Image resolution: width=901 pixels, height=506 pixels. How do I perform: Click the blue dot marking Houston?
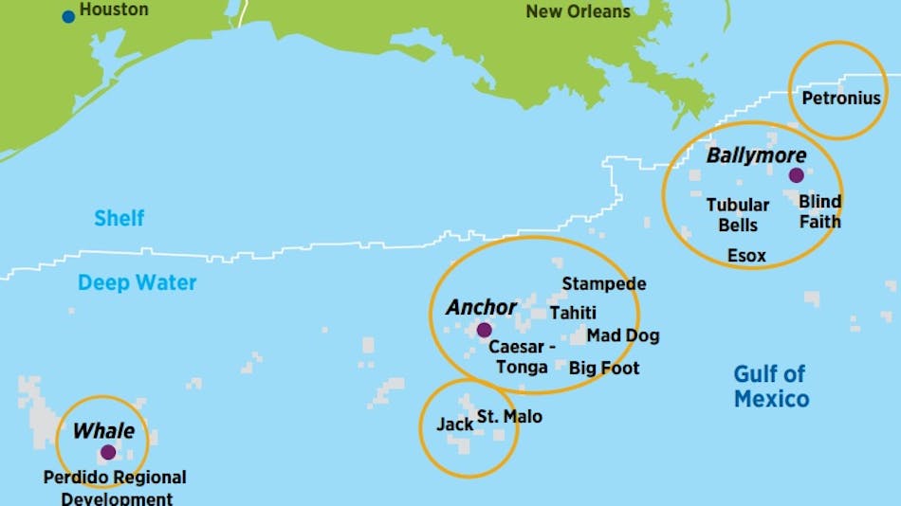(x=68, y=16)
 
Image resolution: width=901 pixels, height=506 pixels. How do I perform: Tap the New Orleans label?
(x=578, y=11)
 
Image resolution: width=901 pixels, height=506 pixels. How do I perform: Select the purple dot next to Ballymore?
(x=796, y=175)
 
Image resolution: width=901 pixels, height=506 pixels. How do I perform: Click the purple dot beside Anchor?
(x=484, y=330)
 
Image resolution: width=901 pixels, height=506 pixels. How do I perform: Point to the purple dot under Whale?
(x=108, y=452)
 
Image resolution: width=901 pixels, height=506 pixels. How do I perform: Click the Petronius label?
(x=840, y=98)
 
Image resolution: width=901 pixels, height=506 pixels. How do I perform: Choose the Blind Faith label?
(x=819, y=211)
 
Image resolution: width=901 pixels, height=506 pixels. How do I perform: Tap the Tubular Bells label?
(x=737, y=214)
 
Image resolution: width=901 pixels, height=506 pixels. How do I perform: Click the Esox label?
(x=746, y=255)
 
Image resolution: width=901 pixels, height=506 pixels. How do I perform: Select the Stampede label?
(x=604, y=283)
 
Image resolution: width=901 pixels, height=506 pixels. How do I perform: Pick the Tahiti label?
(x=573, y=313)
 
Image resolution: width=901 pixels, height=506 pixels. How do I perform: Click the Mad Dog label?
(x=622, y=335)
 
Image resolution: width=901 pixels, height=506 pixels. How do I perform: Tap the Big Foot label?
(x=604, y=368)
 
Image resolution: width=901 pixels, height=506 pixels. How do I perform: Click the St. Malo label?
(x=509, y=416)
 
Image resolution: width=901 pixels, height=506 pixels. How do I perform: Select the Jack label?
(x=454, y=424)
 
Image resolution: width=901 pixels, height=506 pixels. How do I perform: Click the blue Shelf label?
(x=119, y=219)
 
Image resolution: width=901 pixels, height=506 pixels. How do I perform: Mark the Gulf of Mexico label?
(x=771, y=386)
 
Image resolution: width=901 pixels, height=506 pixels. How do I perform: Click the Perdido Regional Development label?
(x=115, y=487)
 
